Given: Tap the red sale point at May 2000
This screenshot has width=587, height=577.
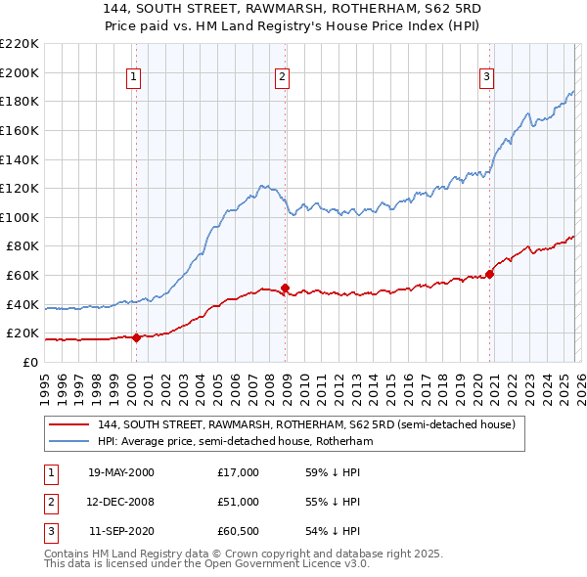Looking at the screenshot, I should (136, 337).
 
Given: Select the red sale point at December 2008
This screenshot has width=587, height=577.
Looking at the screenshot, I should (285, 288).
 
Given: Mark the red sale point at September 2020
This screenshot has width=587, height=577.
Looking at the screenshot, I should (489, 274).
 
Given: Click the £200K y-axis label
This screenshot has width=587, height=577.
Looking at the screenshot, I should (20, 72).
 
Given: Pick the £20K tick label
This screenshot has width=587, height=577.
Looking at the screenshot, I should (23, 333).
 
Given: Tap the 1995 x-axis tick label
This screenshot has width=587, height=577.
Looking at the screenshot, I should (45, 382).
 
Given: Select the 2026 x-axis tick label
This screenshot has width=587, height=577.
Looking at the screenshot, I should (581, 382).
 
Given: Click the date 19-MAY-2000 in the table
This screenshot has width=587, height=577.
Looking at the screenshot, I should (120, 472).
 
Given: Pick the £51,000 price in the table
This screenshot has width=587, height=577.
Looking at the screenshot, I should (239, 502).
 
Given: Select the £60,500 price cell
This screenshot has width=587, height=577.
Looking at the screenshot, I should (239, 531).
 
